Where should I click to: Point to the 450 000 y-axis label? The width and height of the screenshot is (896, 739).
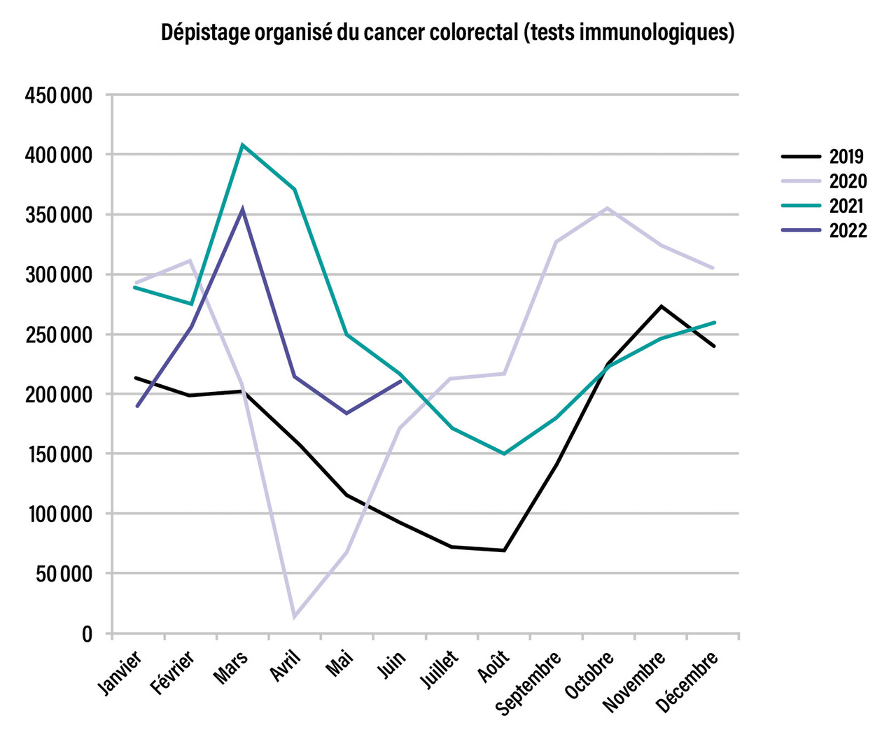[59, 95]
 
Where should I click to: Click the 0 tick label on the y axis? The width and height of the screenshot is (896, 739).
[87, 634]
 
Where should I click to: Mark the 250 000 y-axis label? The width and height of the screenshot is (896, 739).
[59, 335]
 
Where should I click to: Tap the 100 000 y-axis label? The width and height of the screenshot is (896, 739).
[59, 514]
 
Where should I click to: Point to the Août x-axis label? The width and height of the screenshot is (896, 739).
[493, 666]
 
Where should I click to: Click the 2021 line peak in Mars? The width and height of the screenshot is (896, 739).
[242, 145]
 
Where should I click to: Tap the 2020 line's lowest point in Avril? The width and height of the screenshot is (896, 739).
[295, 617]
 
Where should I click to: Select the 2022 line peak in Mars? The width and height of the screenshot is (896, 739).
[243, 209]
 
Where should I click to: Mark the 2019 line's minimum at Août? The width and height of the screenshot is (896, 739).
[504, 551]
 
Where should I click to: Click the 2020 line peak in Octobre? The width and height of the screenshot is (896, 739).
[608, 208]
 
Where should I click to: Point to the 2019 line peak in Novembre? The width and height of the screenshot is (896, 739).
[661, 306]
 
